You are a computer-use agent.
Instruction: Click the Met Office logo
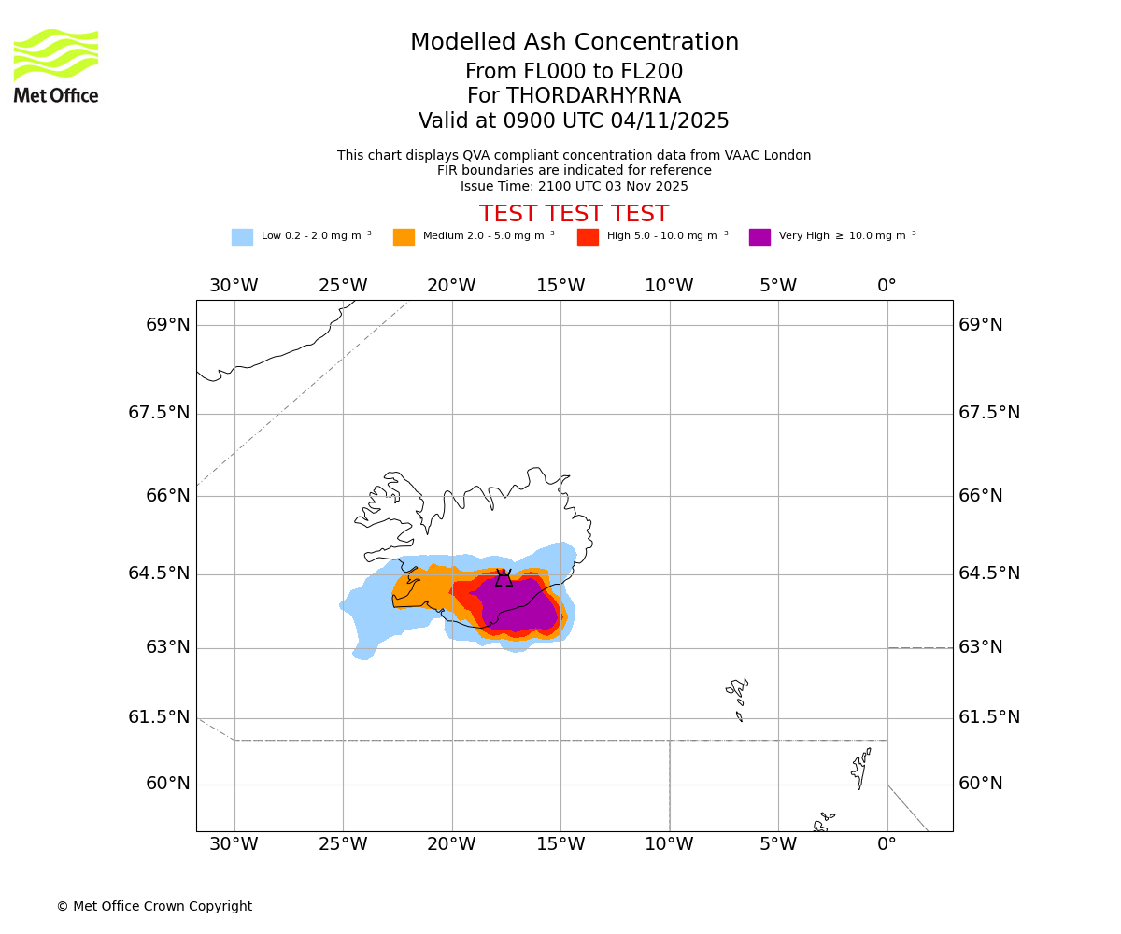pyautogui.click(x=56, y=65)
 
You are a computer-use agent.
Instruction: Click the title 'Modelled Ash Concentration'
pyautogui.click(x=575, y=43)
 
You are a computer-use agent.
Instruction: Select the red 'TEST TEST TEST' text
pyautogui.click(x=575, y=214)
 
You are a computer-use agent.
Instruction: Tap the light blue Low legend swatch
pyautogui.click(x=242, y=237)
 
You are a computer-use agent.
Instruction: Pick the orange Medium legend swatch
pyautogui.click(x=404, y=237)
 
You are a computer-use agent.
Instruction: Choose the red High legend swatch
pyautogui.click(x=588, y=237)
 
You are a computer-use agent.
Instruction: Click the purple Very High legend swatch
pyautogui.click(x=759, y=237)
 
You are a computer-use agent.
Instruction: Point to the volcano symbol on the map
pyautogui.click(x=504, y=579)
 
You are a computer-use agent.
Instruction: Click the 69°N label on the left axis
pyautogui.click(x=168, y=325)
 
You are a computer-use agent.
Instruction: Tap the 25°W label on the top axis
pyautogui.click(x=343, y=286)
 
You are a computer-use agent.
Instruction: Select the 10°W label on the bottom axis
pyautogui.click(x=669, y=845)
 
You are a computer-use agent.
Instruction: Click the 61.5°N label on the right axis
pyautogui.click(x=989, y=717)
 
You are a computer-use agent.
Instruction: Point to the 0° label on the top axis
pyautogui.click(x=887, y=286)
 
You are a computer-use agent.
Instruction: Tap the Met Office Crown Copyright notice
pyautogui.click(x=154, y=907)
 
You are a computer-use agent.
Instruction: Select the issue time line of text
pyautogui.click(x=575, y=186)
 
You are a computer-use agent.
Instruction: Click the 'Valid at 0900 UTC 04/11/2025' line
pyautogui.click(x=575, y=121)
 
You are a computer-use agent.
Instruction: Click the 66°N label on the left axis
pyautogui.click(x=168, y=496)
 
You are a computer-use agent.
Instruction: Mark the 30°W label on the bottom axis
pyautogui.click(x=234, y=845)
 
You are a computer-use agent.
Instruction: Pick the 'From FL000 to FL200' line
pyautogui.click(x=575, y=72)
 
